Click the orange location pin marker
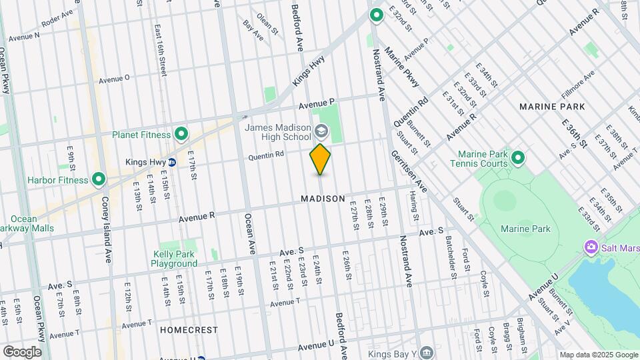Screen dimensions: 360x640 click(x=321, y=159)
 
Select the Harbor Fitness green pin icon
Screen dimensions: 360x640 click(x=99, y=179)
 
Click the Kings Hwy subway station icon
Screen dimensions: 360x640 click(x=172, y=162)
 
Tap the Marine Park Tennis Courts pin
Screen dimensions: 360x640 click(x=517, y=158)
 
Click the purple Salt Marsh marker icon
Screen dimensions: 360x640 click(x=591, y=247)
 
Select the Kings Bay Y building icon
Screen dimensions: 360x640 click(x=426, y=351)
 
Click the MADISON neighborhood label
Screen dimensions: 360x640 click(x=323, y=199)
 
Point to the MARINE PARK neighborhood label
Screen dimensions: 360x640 click(x=552, y=107)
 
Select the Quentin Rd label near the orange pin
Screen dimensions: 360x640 click(x=266, y=156)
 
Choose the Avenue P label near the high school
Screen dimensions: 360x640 click(x=315, y=103)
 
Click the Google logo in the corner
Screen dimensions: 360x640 click(x=22, y=351)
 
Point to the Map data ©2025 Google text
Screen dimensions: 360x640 click(x=599, y=355)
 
